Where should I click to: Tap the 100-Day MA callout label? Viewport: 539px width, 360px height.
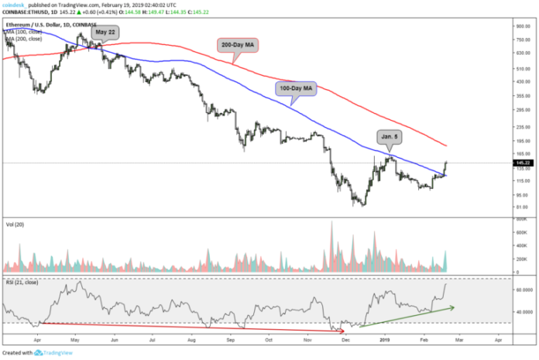tap(296, 90)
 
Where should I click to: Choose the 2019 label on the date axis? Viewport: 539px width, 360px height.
tap(385, 340)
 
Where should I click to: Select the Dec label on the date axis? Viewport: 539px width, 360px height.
tap(345, 340)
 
